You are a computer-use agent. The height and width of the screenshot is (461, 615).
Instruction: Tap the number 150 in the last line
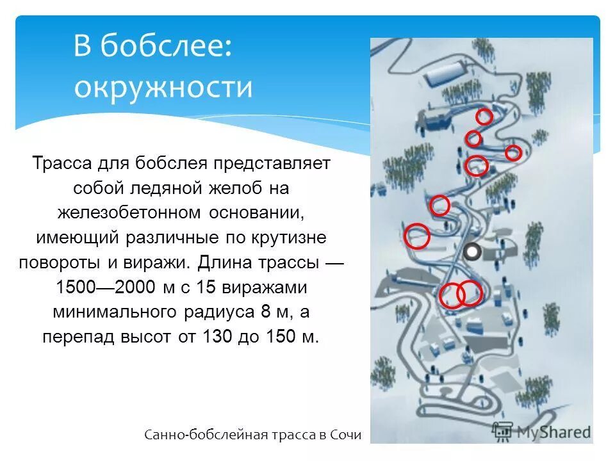277,336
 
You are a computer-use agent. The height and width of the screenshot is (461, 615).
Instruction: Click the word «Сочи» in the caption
346,435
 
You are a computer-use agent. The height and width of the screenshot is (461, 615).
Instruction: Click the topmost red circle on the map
484,117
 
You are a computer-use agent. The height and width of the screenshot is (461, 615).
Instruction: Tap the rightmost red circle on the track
512,152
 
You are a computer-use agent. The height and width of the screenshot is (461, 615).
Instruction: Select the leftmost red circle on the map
417,236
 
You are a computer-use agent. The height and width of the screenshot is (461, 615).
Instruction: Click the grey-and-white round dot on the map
472,252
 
